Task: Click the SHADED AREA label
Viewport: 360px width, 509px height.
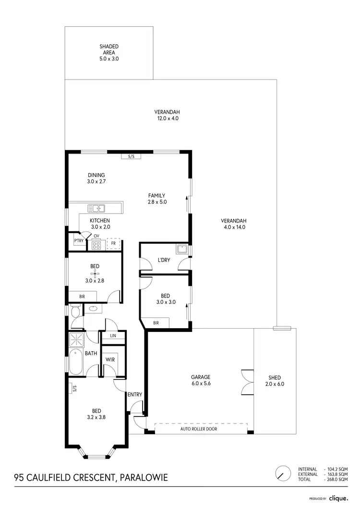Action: pyautogui.click(x=109, y=52)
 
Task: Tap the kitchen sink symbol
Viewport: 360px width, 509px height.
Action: pyautogui.click(x=96, y=208)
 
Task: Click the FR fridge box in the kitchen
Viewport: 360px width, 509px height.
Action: pyautogui.click(x=113, y=244)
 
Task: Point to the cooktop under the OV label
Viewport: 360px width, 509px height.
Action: pyautogui.click(x=96, y=245)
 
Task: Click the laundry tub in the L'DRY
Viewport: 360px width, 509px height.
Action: pyautogui.click(x=182, y=249)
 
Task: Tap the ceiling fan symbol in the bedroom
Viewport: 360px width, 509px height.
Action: pyautogui.click(x=95, y=273)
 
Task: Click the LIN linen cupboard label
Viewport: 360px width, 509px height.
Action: pyautogui.click(x=113, y=336)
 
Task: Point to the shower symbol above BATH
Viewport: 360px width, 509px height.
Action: pyautogui.click(x=76, y=339)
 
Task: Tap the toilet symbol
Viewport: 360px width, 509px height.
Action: pyautogui.click(x=74, y=312)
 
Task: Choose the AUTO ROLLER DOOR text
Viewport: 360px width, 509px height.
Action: pyautogui.click(x=199, y=429)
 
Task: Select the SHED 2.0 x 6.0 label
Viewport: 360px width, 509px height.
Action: pyautogui.click(x=275, y=380)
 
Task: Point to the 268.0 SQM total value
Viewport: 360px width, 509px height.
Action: pyautogui.click(x=336, y=479)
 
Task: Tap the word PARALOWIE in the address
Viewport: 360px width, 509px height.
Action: pyautogui.click(x=144, y=477)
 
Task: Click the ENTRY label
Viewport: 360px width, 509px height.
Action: pyautogui.click(x=135, y=395)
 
